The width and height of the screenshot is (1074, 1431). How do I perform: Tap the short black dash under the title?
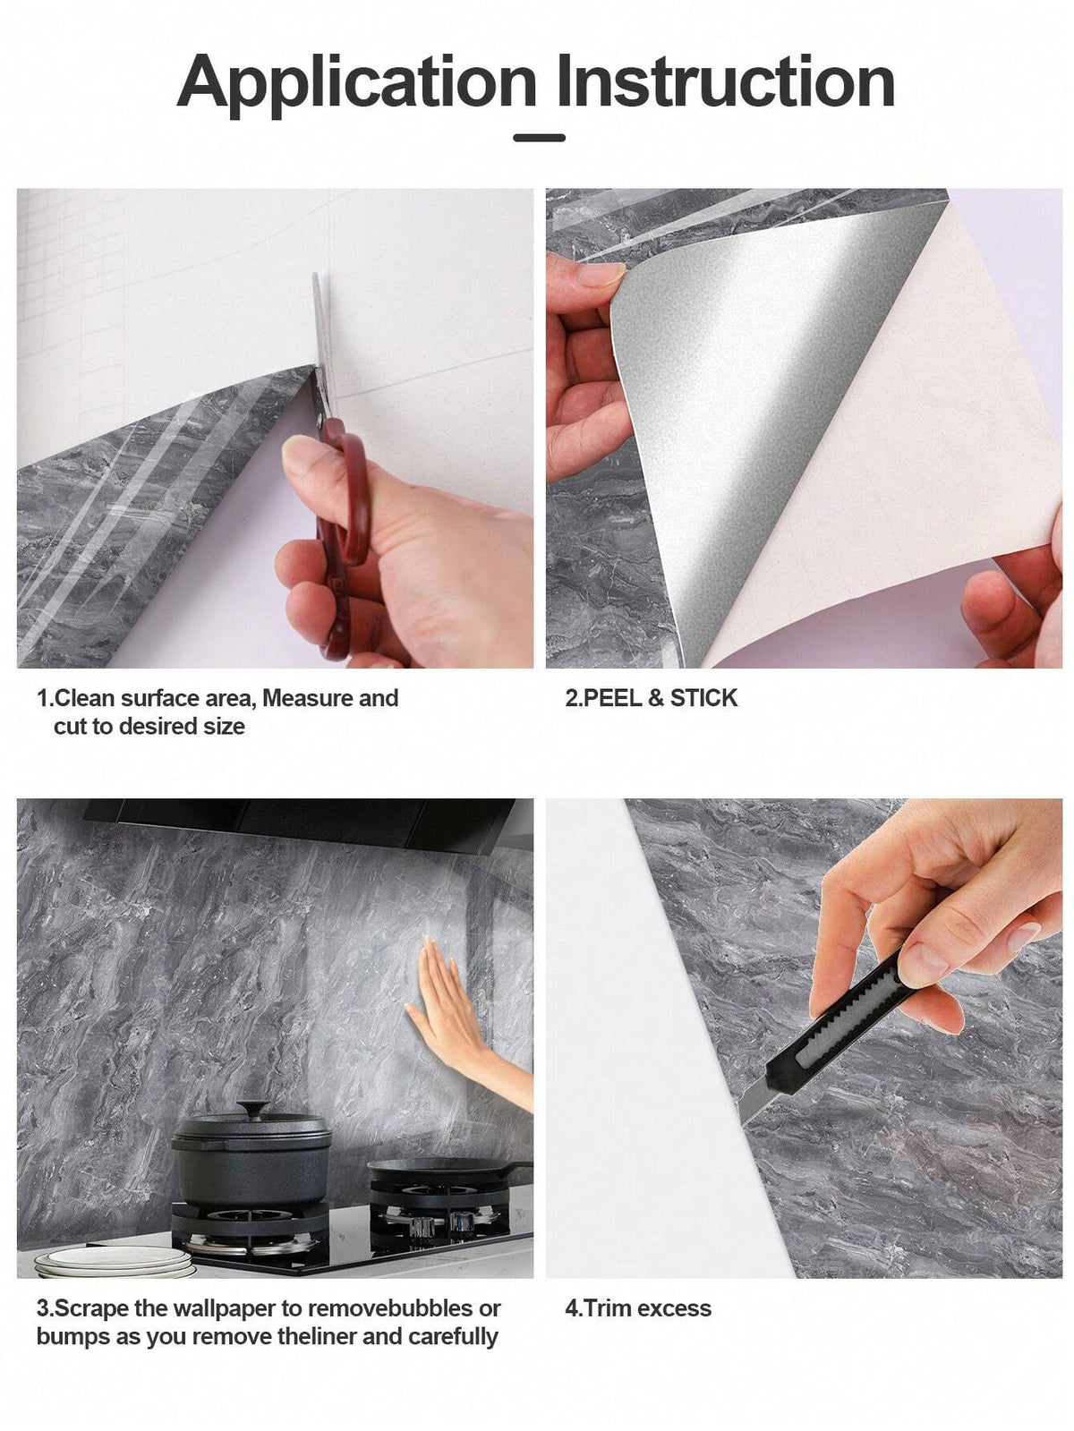[x=539, y=138]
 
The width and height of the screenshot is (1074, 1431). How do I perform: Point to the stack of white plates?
[x=114, y=1259]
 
